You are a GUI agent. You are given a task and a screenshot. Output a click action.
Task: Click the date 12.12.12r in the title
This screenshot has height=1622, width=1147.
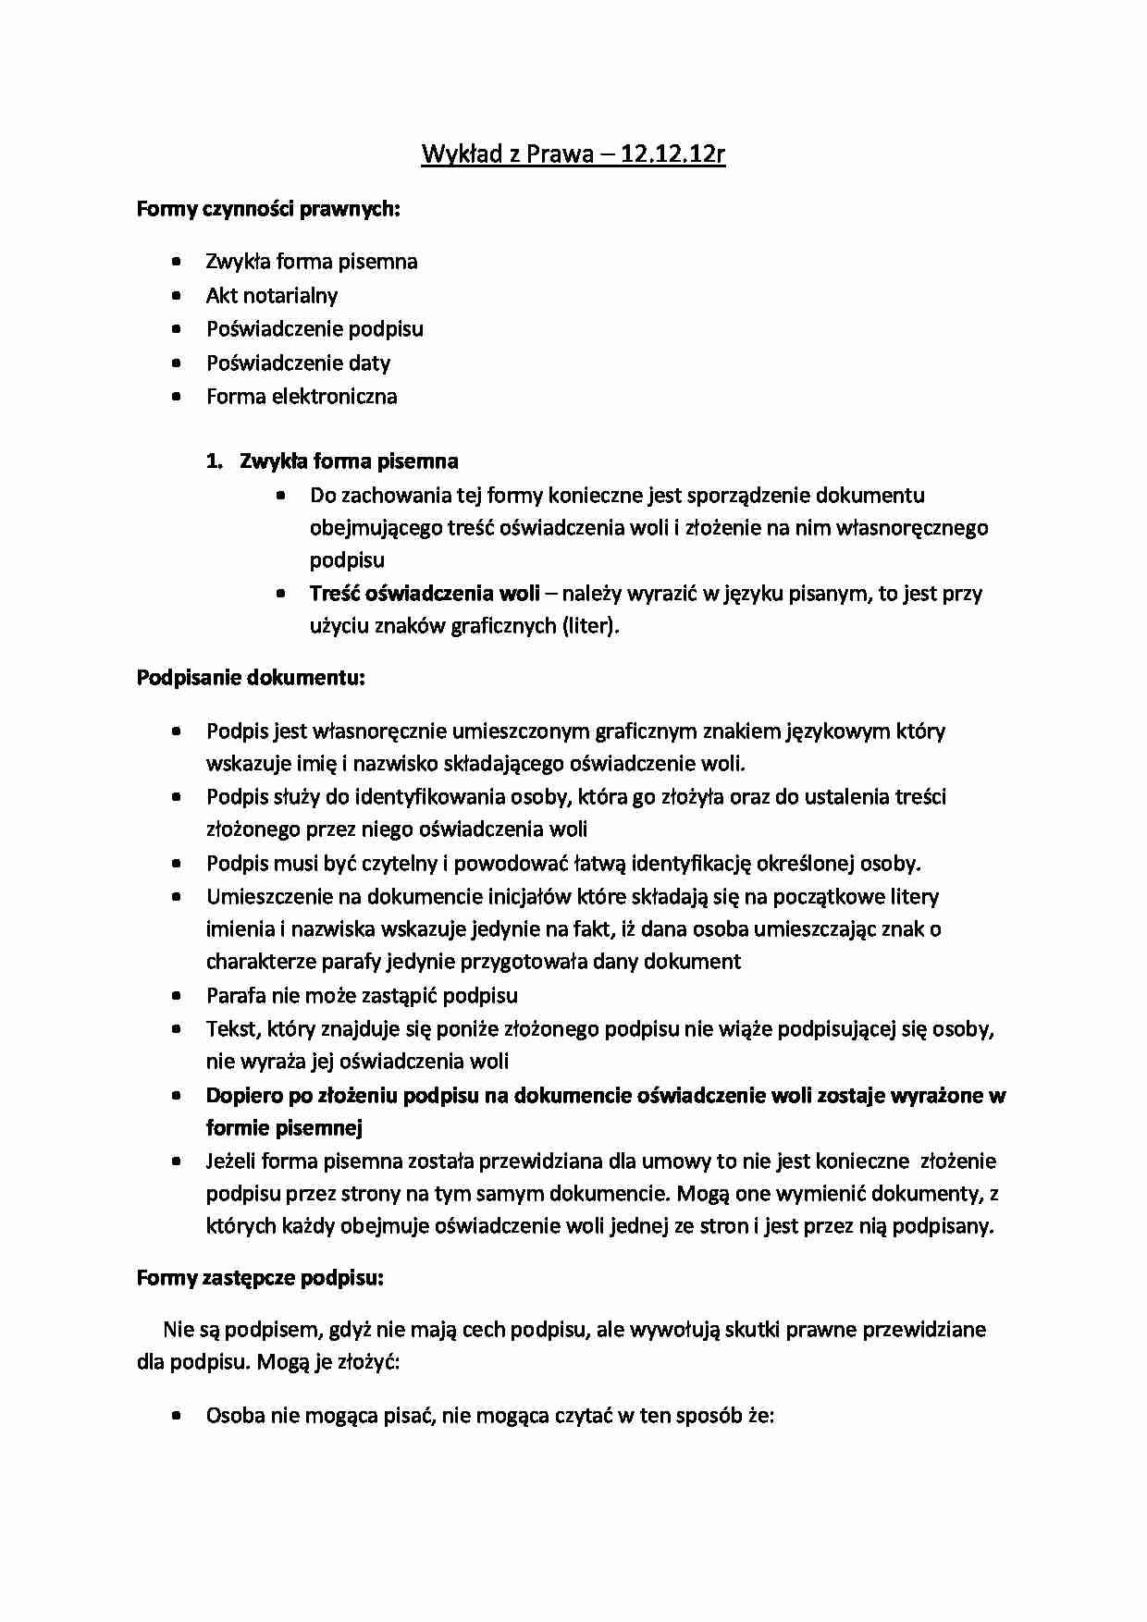[x=673, y=154]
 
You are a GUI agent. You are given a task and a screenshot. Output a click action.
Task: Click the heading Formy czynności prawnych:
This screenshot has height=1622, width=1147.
[x=267, y=209]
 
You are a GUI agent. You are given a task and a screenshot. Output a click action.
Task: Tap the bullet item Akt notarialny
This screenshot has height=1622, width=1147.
[x=271, y=296]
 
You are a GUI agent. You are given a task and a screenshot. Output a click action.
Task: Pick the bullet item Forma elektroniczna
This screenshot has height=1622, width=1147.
[x=302, y=397]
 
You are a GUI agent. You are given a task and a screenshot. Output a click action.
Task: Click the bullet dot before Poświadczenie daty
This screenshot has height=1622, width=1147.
[x=177, y=363]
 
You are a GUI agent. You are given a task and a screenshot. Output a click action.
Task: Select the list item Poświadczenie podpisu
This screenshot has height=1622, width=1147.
[x=314, y=329]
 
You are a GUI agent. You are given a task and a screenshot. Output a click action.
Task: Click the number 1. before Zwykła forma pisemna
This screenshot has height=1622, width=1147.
[x=215, y=461]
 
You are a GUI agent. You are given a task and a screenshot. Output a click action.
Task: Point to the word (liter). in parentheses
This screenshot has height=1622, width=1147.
[x=589, y=626]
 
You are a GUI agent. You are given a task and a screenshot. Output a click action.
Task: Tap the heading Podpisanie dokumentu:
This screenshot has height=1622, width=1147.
[x=251, y=678]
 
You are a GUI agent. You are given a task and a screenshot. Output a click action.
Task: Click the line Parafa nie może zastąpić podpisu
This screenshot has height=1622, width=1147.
[x=362, y=996]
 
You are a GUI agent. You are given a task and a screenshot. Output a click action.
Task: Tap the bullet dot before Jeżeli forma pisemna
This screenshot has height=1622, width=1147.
[x=177, y=1162]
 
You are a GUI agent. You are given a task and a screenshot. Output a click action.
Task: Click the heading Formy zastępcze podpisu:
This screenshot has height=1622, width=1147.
[x=260, y=1278]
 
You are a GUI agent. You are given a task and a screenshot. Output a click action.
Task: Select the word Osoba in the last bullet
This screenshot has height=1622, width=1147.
[x=236, y=1416]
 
